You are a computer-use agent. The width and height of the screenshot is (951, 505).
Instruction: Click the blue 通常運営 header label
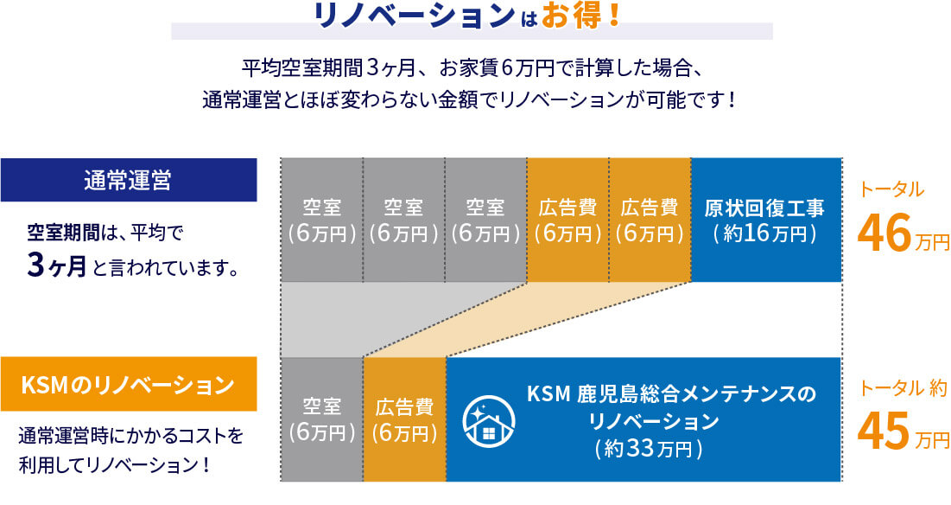pyautogui.click(x=129, y=180)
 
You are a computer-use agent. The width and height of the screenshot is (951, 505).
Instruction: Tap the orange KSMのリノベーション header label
pyautogui.click(x=129, y=384)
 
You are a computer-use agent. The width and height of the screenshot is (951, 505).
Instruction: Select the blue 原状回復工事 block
pyautogui.click(x=766, y=220)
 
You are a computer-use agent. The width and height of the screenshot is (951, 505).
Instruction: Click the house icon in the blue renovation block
pyautogui.click(x=489, y=421)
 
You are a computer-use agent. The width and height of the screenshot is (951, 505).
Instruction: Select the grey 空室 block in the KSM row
pyautogui.click(x=322, y=419)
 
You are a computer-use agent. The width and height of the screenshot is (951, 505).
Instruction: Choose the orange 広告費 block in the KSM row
pyautogui.click(x=404, y=419)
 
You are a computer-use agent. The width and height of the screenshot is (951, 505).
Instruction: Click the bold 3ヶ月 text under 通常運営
pyautogui.click(x=56, y=265)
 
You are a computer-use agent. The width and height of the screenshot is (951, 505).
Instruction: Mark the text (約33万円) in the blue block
pyautogui.click(x=649, y=449)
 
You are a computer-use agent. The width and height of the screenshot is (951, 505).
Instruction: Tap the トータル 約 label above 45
pyautogui.click(x=903, y=388)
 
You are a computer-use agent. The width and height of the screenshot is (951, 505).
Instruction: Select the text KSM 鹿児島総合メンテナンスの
pyautogui.click(x=671, y=394)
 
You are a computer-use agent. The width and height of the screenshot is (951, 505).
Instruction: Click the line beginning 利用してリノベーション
pyautogui.click(x=115, y=465)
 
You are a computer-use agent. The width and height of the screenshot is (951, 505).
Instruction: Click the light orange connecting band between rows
pyautogui.click(x=526, y=319)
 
